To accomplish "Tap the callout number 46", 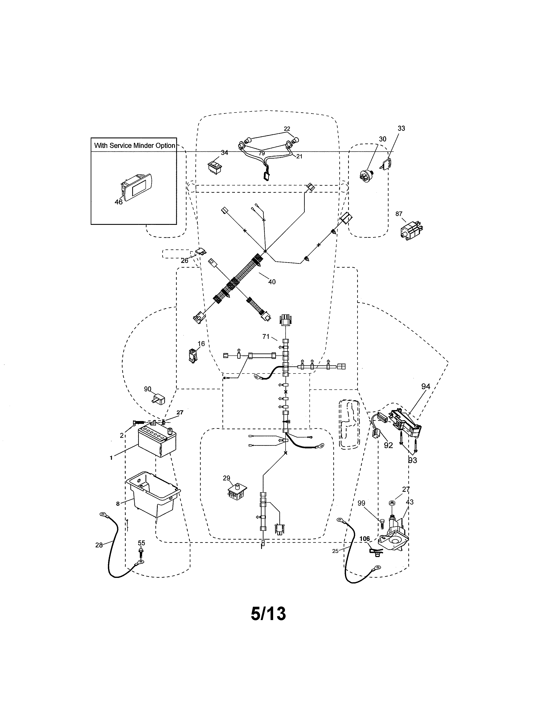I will click(x=118, y=202).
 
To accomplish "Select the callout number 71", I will click(x=266, y=336).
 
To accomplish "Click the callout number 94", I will click(x=426, y=387).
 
